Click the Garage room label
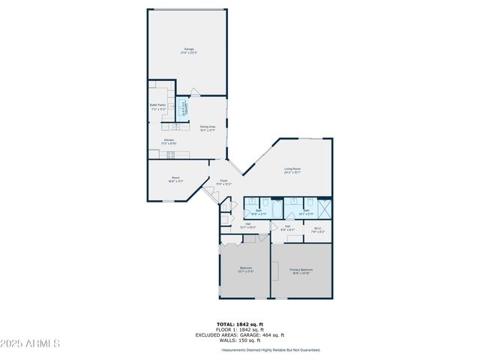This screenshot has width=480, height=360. click(x=187, y=51)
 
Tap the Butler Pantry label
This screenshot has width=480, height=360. click(x=157, y=106)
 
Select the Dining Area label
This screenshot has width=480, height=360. click(x=208, y=128)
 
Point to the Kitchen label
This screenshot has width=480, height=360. click(x=169, y=140)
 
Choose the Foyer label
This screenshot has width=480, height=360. click(x=223, y=182)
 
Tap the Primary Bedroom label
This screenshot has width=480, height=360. click(x=301, y=271)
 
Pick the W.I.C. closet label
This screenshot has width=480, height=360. click(x=317, y=230)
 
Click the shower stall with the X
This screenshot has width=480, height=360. click(x=325, y=207)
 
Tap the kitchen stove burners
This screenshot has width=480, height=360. click(x=170, y=154)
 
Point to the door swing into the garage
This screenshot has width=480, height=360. click(x=194, y=92)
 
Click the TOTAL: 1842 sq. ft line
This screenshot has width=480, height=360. click(x=239, y=324)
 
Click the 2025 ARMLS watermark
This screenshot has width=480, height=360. click(x=30, y=344)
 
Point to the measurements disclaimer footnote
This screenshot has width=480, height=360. click(x=270, y=349)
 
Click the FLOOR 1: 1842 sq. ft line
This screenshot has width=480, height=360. click(x=239, y=329)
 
